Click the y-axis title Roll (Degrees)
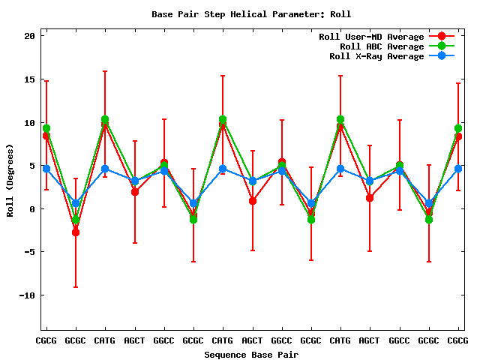coord(10,180)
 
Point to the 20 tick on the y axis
coord(31,36)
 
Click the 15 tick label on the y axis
coord(31,79)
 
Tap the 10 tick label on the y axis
coord(31,122)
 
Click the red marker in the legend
coord(442,37)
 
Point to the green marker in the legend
coord(442,46)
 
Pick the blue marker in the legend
coord(442,56)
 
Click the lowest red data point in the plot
coord(76,232)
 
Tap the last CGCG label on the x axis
coord(458,341)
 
